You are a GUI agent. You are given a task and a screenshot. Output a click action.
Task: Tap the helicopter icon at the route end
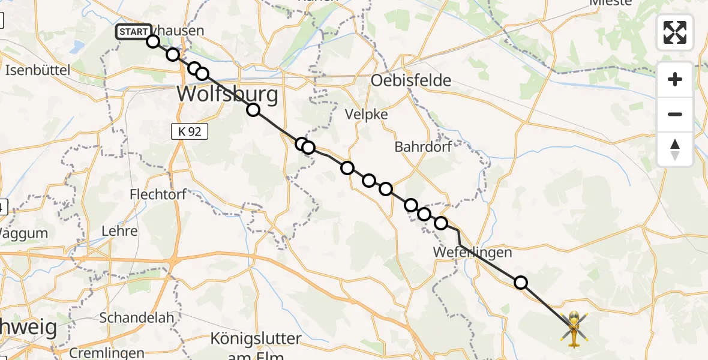[574, 329]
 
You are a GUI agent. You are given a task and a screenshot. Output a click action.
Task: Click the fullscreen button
[675, 32]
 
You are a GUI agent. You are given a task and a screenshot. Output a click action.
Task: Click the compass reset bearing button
[675, 149]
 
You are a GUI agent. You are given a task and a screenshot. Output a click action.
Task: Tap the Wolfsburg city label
[228, 94]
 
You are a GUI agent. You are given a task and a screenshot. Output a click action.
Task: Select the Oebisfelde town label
[412, 80]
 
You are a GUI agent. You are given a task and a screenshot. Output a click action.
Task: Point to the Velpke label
[366, 115]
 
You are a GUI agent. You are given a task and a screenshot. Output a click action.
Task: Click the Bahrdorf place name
[422, 147]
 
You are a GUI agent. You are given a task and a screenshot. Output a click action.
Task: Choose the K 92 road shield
[190, 132]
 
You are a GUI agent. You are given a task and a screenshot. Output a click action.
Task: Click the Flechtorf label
[158, 194]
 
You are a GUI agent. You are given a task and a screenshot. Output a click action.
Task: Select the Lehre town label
[120, 231]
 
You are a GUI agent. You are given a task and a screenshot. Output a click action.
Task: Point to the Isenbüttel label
[37, 70]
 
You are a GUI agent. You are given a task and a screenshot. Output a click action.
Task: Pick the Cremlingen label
[107, 353]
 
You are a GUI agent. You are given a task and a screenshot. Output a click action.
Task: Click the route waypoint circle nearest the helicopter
[521, 282]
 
